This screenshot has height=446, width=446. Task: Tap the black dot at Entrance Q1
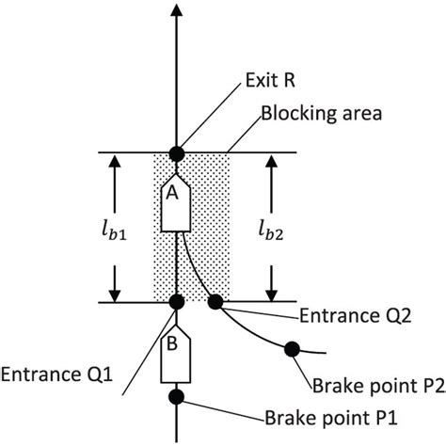coord(176,302)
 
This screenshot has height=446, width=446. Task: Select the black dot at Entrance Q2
coord(215,302)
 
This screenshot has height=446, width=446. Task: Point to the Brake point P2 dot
coord(293,349)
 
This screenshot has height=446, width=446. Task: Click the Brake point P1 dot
coord(176,396)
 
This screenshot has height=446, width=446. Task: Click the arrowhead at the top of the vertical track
coord(176,9)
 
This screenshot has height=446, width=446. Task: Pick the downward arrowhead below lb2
coord(273,294)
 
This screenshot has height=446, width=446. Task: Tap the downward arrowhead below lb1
coord(114,294)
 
